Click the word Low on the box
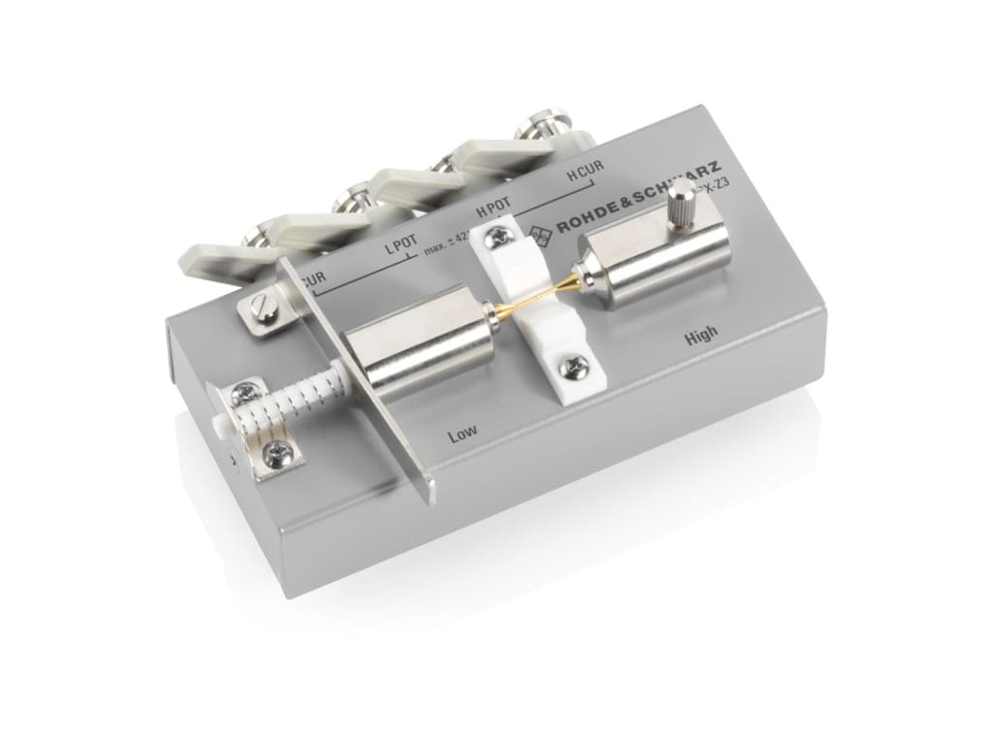pos(464,436)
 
